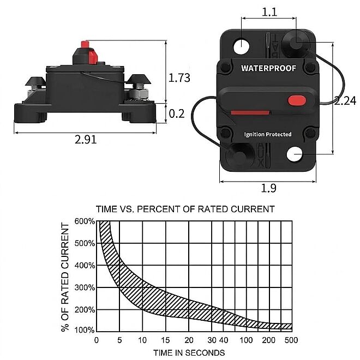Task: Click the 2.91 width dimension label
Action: (x=86, y=139)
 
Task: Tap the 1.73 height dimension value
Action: (x=179, y=77)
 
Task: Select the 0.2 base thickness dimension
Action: (x=177, y=113)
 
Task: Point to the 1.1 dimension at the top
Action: (x=269, y=11)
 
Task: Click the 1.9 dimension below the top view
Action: (x=268, y=188)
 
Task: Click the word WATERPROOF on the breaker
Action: (x=268, y=68)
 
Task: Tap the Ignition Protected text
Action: (x=268, y=134)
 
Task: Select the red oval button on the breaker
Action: (x=297, y=100)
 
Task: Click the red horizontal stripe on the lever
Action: (x=250, y=112)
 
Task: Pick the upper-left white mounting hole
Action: (x=241, y=46)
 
